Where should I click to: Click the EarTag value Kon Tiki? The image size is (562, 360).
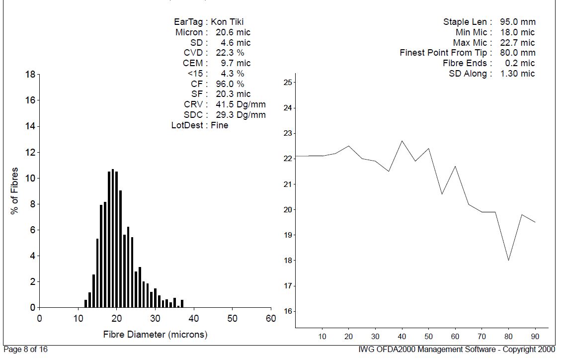click(227, 22)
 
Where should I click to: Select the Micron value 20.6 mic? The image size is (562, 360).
click(233, 32)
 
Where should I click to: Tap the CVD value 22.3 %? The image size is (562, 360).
click(230, 53)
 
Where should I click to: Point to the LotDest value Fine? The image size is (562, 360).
click(220, 125)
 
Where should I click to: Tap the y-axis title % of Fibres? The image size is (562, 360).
click(15, 191)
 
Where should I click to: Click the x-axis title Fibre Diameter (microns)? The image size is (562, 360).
click(155, 335)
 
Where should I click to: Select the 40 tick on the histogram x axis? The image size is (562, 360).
click(194, 318)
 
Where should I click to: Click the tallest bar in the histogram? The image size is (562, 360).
click(113, 239)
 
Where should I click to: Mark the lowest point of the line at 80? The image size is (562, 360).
click(508, 260)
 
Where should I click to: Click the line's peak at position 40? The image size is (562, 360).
click(402, 141)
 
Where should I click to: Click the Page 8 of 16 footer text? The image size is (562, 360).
click(25, 350)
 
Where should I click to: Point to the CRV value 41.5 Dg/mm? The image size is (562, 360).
click(238, 104)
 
